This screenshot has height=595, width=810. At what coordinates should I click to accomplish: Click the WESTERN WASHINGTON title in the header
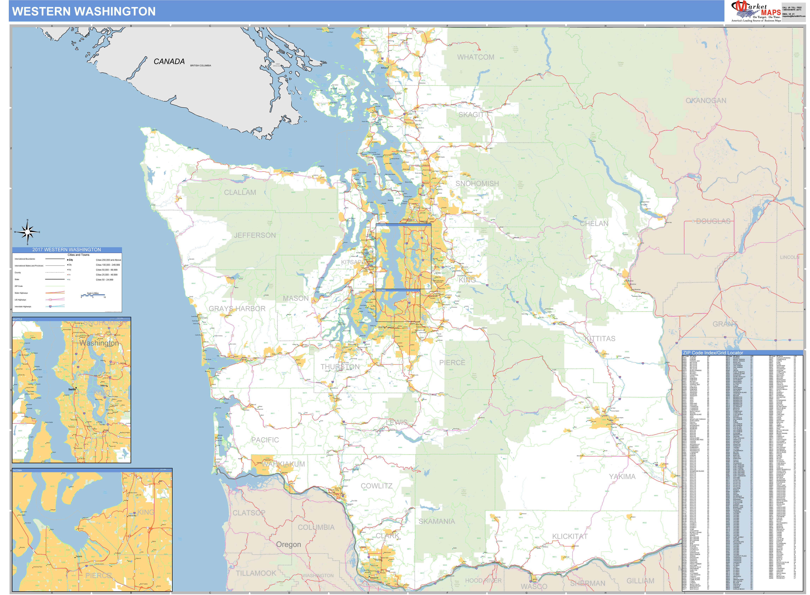[84, 11]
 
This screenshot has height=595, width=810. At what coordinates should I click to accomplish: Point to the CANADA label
[169, 62]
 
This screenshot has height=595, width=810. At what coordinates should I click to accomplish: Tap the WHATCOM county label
[475, 57]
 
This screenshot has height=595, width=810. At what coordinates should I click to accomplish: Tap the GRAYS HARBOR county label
[237, 309]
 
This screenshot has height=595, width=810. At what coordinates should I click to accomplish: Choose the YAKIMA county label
[622, 476]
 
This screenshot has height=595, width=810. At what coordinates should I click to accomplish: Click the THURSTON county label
[340, 367]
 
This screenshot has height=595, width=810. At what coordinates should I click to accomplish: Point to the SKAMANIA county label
[436, 521]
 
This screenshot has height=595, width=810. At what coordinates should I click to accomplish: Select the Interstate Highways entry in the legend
[23, 306]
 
